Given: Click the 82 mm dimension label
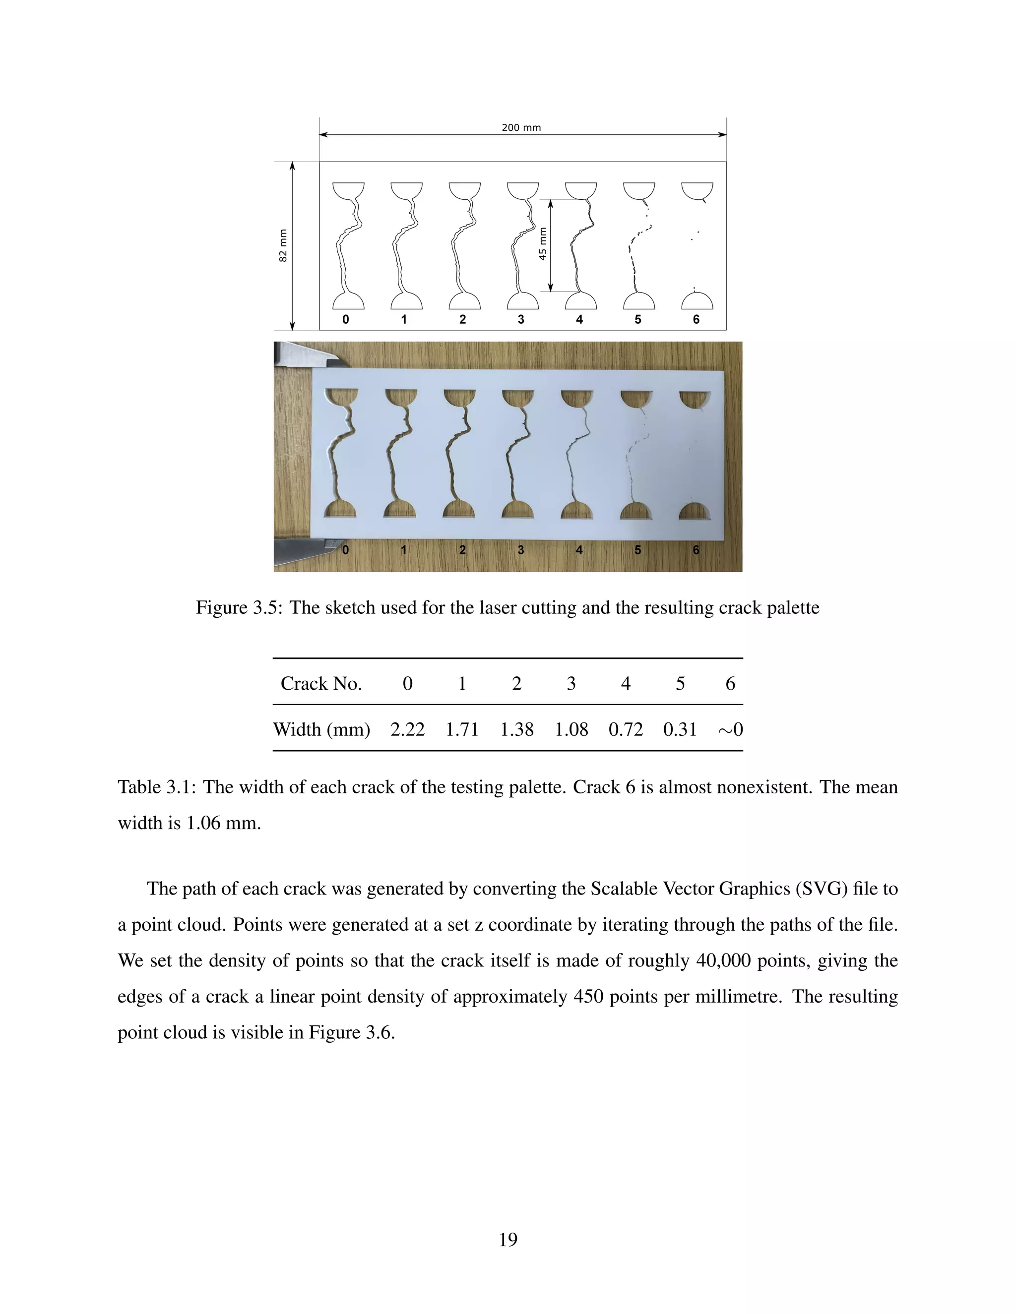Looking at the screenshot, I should point(283,245).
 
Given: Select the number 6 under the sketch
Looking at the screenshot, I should point(696,319).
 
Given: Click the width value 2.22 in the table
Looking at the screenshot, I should point(407,729).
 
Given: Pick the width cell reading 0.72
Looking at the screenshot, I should point(626,729).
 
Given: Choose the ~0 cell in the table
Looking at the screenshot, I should point(730,729).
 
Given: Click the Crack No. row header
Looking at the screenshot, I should point(321,683).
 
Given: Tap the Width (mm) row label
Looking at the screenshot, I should point(321,729).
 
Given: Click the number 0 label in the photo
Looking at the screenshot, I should point(345,550).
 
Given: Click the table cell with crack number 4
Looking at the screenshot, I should point(626,683).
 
